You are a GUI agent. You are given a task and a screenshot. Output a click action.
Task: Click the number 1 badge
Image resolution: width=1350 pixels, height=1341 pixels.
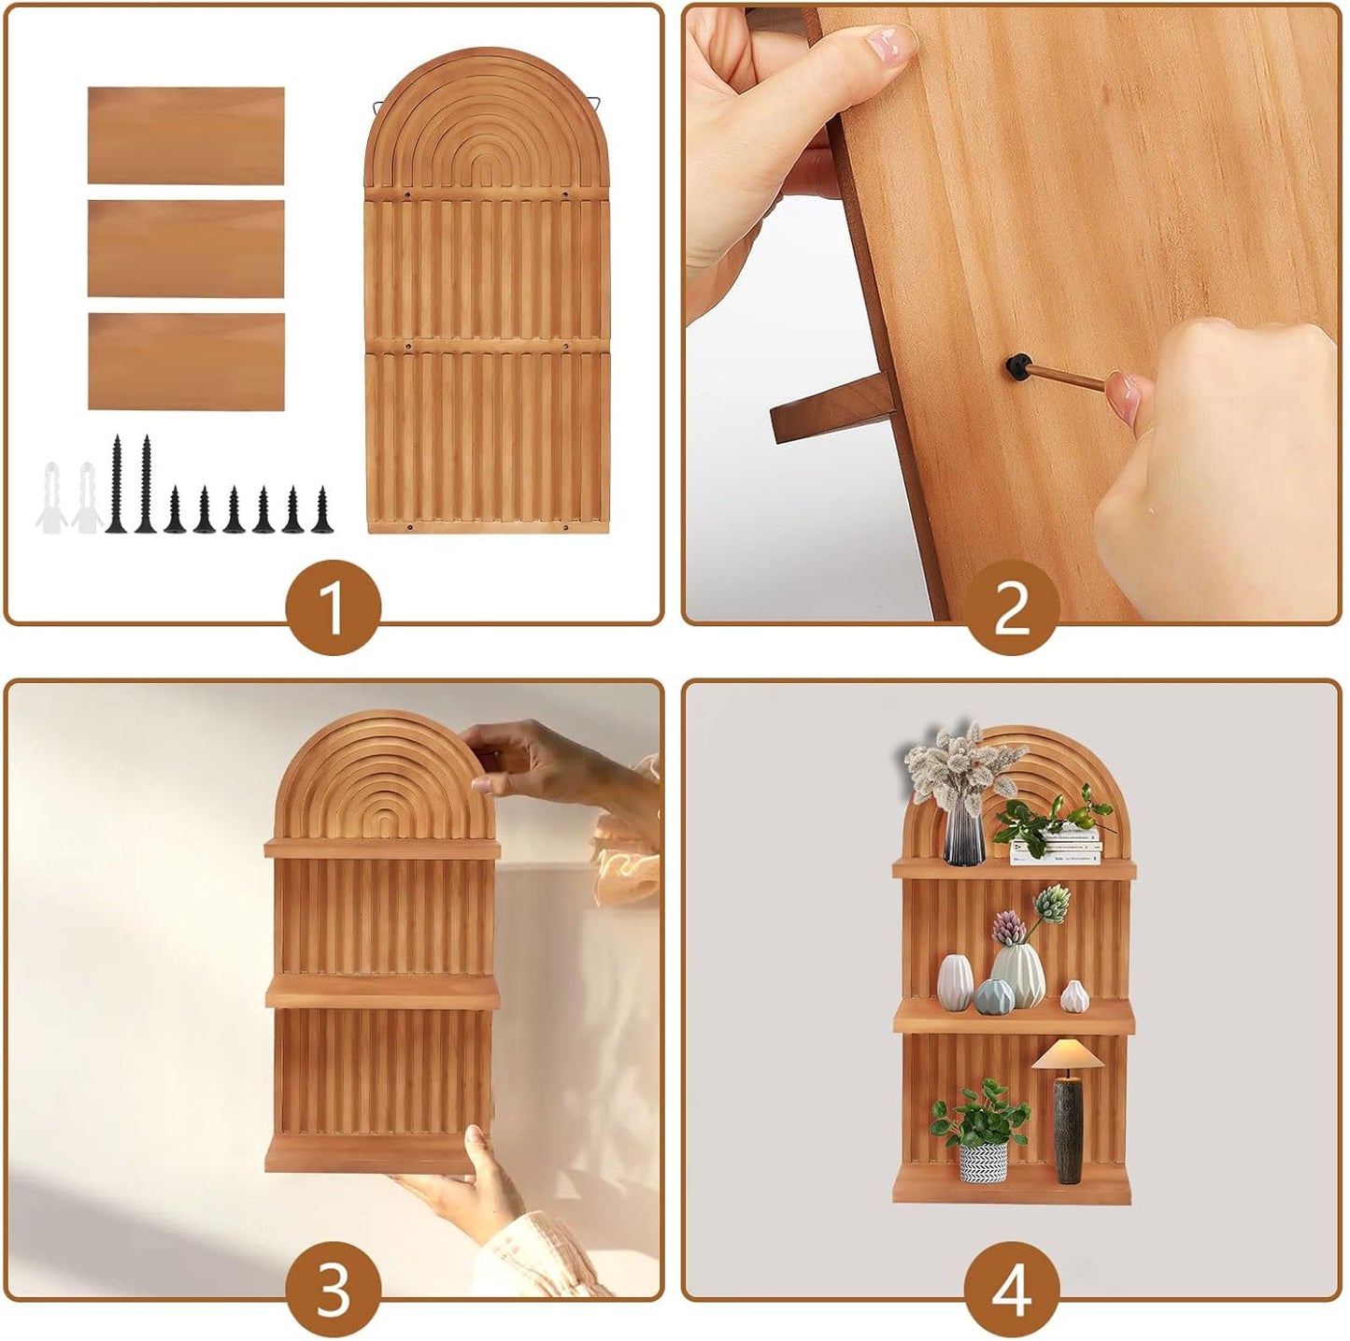click(334, 606)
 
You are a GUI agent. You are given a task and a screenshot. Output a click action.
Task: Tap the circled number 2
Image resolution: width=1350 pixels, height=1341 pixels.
click(1012, 607)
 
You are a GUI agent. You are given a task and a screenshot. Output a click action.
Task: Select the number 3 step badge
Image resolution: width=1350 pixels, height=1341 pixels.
click(334, 1289)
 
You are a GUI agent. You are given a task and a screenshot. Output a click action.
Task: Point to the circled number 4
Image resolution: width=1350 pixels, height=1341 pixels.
click(1012, 1289)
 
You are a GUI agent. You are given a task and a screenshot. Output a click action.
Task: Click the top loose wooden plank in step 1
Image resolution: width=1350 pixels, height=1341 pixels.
click(186, 136)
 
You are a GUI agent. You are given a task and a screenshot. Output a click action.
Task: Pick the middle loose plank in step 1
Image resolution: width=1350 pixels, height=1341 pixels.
click(186, 249)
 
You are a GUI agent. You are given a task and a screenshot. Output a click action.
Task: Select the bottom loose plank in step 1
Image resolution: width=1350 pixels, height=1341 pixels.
click(186, 362)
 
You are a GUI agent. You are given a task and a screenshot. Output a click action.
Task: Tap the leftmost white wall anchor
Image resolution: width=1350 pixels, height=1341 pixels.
click(51, 498)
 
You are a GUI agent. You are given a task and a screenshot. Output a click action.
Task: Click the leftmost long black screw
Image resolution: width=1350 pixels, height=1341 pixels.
click(116, 484)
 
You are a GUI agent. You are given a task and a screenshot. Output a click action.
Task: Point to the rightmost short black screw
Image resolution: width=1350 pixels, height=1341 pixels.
click(322, 509)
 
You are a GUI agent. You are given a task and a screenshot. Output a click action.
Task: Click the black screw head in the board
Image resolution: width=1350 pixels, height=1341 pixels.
click(1018, 366)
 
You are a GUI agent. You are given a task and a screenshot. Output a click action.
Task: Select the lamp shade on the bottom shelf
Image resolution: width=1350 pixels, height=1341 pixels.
click(1067, 1053)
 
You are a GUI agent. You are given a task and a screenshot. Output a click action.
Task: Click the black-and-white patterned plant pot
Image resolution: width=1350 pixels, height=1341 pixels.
click(983, 1163)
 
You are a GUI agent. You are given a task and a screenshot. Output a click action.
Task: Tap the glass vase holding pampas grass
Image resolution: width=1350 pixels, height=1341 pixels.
click(964, 835)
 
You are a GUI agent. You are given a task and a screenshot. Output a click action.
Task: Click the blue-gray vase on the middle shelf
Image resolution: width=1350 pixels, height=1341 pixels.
click(994, 996)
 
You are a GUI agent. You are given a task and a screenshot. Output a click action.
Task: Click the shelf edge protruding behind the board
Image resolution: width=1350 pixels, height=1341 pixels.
click(831, 407)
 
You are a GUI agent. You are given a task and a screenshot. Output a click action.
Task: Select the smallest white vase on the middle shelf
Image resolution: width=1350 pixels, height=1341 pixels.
click(1074, 996)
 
